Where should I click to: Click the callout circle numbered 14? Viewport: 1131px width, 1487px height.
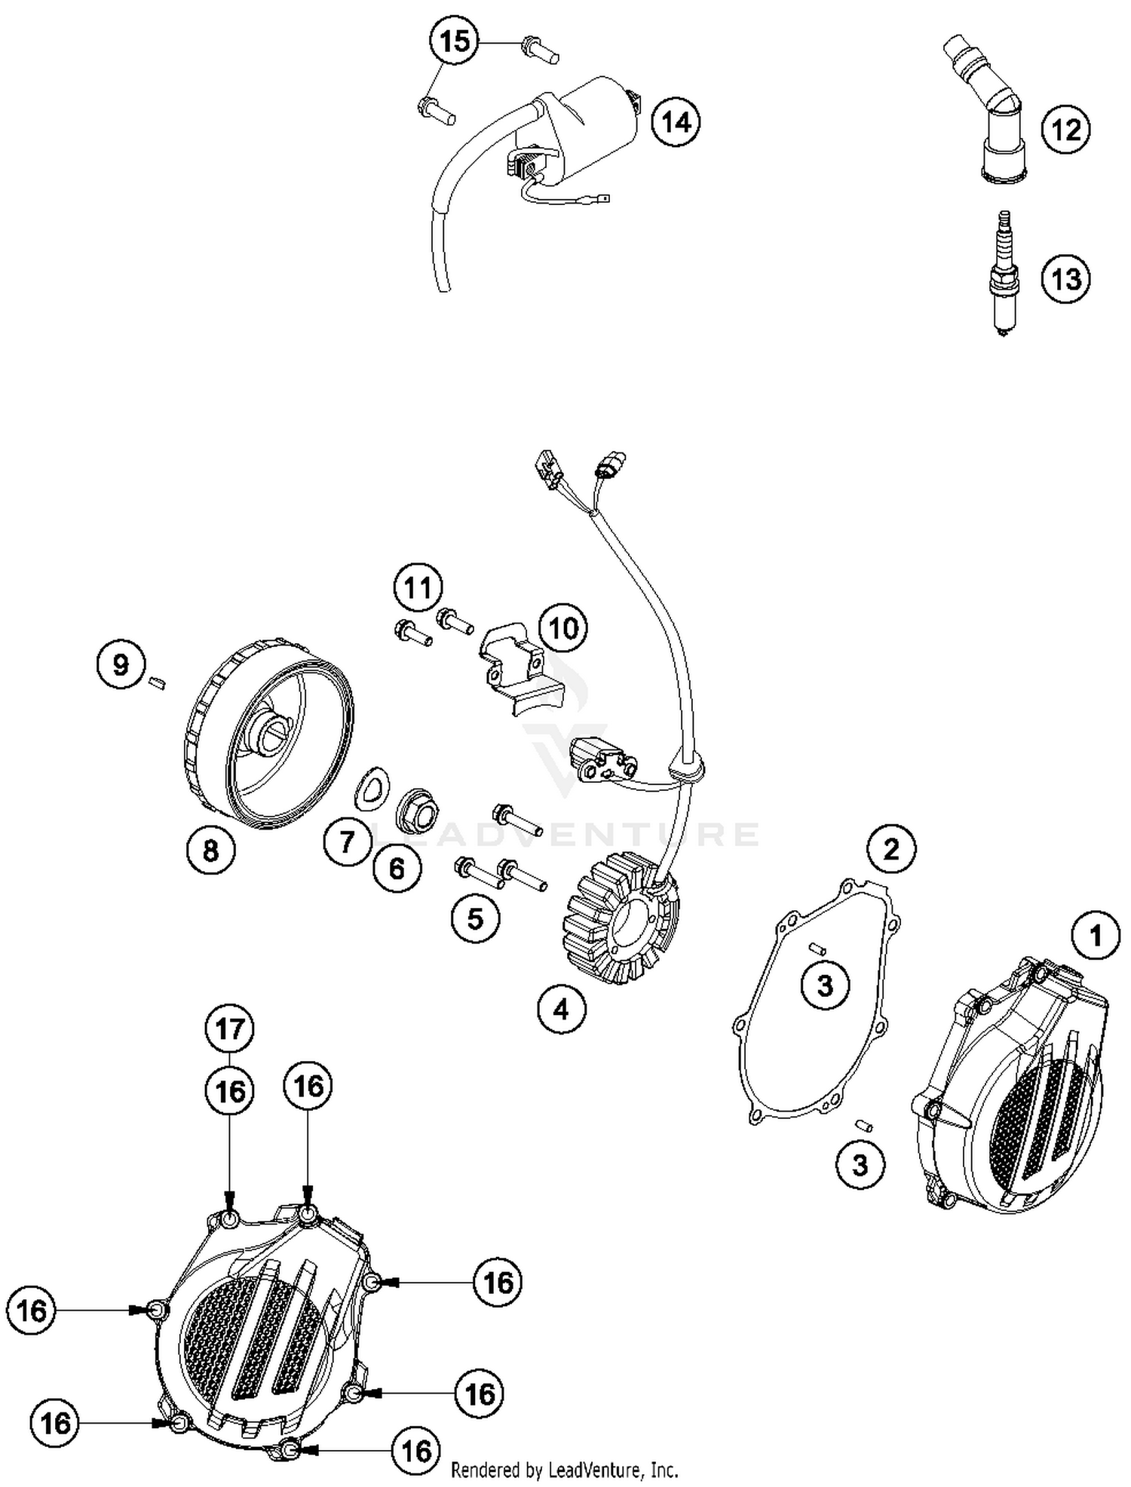676,121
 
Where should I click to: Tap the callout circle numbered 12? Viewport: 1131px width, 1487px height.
1065,130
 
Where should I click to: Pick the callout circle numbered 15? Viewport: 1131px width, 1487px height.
455,41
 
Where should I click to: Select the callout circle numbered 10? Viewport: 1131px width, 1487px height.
563,627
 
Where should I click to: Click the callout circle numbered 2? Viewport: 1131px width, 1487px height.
891,850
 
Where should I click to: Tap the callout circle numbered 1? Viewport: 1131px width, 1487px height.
1096,936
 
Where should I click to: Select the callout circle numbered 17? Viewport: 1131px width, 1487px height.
230,1029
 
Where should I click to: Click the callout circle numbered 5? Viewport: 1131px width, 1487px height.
475,918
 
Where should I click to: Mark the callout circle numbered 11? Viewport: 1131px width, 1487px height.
418,587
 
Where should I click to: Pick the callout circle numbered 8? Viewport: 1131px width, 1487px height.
210,851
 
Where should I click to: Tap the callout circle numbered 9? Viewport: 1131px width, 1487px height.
121,665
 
